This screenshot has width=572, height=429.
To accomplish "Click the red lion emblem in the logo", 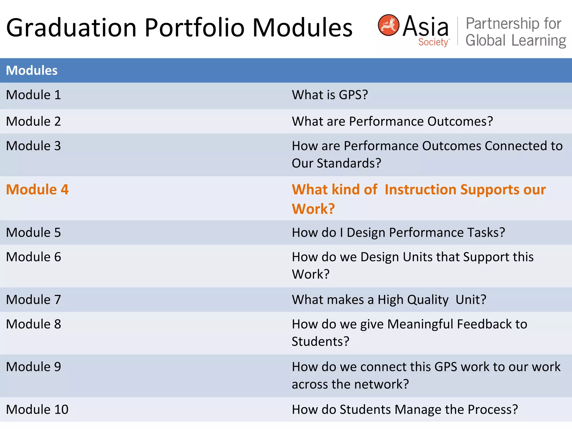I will [388, 25].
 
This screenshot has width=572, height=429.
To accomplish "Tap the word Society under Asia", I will [433, 42].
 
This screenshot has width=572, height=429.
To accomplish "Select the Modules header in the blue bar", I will [32, 70].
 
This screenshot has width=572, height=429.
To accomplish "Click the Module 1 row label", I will [34, 95].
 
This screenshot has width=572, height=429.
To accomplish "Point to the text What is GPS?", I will [330, 95].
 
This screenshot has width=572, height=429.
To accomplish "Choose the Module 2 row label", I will [34, 121].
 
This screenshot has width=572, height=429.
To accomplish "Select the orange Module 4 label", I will [37, 190].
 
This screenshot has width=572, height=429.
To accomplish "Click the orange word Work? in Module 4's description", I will [313, 209].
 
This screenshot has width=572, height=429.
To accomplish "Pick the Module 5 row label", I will [34, 233].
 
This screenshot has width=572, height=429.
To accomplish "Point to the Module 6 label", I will [34, 257].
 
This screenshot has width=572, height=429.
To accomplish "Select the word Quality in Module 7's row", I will [428, 300].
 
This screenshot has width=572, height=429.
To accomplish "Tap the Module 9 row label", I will [34, 367].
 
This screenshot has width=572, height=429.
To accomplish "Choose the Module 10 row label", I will [37, 410].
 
